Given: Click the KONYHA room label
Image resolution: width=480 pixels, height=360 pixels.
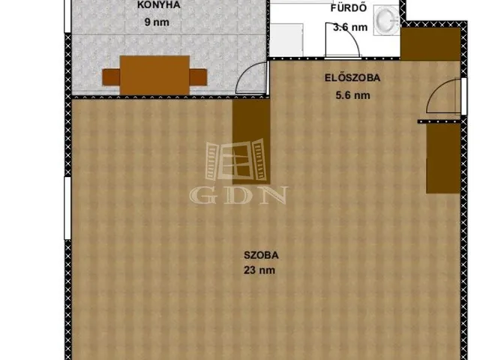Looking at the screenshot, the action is (x=158, y=5).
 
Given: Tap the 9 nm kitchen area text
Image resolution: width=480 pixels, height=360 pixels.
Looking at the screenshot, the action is (x=157, y=22).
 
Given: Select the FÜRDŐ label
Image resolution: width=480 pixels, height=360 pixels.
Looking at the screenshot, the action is (x=349, y=7).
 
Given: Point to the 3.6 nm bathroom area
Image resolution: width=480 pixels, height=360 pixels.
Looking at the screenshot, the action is (x=350, y=27).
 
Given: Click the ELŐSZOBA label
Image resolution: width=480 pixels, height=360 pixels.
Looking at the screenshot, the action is (x=352, y=78).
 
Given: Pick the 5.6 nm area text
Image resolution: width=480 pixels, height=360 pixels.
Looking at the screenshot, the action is (x=352, y=95).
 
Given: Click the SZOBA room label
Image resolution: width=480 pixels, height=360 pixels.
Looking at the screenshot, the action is (x=261, y=255).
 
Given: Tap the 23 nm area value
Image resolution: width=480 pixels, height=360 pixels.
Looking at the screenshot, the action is (x=259, y=270).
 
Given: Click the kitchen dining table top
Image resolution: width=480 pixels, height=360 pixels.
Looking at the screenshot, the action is (x=154, y=75).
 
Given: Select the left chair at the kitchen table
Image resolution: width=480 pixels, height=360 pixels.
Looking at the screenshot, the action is (x=111, y=77).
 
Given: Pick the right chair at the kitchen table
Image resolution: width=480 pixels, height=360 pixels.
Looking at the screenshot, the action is (x=198, y=77).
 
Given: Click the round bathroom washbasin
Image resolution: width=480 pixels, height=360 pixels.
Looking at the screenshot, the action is (x=387, y=20).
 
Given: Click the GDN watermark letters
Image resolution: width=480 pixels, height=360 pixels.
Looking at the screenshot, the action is (x=238, y=195).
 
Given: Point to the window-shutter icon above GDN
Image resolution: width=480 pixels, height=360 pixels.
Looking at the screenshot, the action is (x=235, y=160).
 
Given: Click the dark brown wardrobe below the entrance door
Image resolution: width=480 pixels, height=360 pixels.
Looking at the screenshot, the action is (x=443, y=158).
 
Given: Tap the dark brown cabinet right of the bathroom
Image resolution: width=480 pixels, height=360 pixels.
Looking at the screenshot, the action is (x=430, y=44).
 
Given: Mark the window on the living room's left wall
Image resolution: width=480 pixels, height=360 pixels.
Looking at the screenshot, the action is (x=67, y=208).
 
